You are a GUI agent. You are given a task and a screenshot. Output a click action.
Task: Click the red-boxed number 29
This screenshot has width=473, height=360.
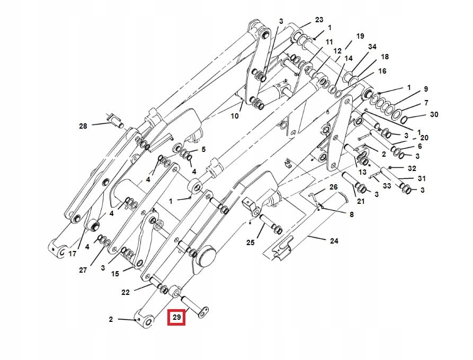(x=176, y=318)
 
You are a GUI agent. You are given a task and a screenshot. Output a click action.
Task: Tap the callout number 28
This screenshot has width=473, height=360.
(x=83, y=126)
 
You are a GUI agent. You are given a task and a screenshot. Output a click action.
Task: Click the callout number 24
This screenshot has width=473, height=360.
(x=334, y=241)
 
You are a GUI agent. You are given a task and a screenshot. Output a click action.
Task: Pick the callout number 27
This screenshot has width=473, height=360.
(x=83, y=270)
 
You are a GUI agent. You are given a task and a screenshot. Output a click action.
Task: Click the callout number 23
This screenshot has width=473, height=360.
(x=319, y=20)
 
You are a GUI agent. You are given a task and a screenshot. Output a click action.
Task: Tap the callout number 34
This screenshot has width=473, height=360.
(x=372, y=47)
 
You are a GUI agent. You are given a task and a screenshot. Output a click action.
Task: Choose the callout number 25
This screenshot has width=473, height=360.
(x=251, y=242)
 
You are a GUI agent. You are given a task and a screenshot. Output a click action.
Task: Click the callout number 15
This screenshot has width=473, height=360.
(x=115, y=274)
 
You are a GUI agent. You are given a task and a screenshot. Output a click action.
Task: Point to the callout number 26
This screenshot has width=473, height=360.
(x=333, y=187)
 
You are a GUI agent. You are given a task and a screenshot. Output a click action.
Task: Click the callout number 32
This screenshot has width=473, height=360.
(x=413, y=168)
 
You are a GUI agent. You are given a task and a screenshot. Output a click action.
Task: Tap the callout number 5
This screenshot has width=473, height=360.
(x=203, y=149)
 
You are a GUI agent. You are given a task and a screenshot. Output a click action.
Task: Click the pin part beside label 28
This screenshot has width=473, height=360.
(x=116, y=121)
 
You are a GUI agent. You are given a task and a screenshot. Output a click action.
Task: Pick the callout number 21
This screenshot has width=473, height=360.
(x=361, y=201)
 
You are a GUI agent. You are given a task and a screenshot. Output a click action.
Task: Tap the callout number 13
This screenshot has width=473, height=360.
(x=362, y=172)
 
